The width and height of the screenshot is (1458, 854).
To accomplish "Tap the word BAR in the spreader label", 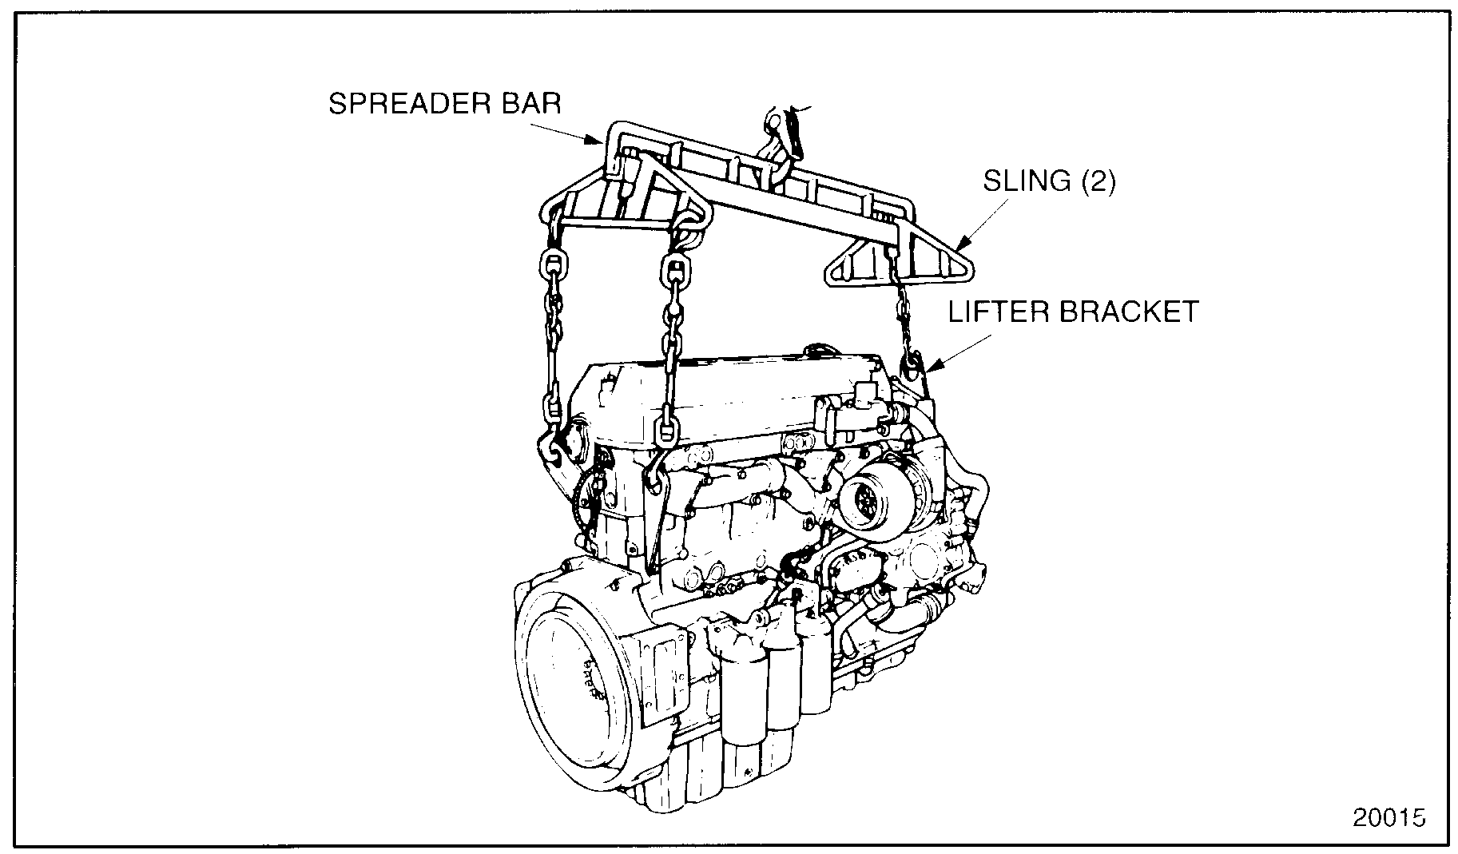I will pos(536,105).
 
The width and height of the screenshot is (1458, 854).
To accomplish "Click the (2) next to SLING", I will pos(1097,181).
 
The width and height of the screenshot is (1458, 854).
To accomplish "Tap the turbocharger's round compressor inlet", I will pos(867,500).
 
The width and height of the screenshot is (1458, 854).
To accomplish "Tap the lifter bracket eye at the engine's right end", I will pos(912,363).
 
